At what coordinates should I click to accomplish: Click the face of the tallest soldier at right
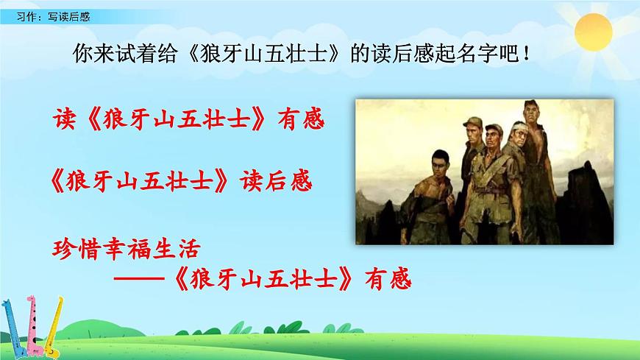pos(530,118)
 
